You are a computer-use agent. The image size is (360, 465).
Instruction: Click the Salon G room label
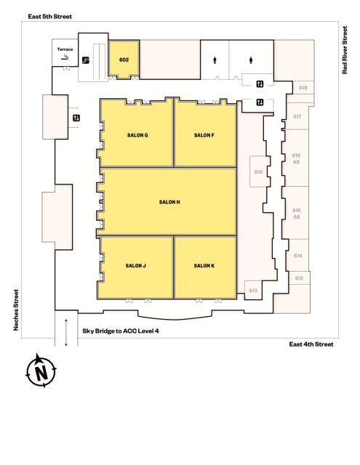coord(137,135)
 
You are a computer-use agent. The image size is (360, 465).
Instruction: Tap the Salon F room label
coord(204,135)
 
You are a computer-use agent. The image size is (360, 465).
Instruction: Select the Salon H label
coord(169,202)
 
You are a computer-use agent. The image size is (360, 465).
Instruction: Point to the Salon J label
coord(135,266)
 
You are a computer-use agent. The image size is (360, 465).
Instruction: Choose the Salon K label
coord(204,266)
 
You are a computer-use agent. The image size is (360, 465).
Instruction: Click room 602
coord(124,60)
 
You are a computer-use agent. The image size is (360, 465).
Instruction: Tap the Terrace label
coord(65,49)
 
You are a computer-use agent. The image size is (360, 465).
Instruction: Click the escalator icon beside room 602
coord(86,60)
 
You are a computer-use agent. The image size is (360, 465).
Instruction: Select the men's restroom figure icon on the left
coord(215,60)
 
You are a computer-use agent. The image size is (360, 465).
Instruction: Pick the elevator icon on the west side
coord(76,118)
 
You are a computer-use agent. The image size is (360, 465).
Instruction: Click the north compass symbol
coord(41,371)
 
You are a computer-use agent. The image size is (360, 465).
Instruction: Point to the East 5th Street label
coord(50,17)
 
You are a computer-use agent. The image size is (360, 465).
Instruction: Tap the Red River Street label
coord(345,50)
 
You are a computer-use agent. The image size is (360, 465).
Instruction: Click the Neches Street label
coord(16,310)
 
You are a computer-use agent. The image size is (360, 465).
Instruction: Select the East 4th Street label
coord(311,344)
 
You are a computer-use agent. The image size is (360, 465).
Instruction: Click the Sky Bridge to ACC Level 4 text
coord(121,331)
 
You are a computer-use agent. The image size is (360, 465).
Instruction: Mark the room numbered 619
coord(258,172)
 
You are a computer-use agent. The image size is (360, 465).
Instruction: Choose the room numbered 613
coord(253,291)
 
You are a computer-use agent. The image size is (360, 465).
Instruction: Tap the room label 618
coord(303,88)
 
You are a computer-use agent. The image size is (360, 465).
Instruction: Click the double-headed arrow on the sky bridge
coord(66,333)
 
